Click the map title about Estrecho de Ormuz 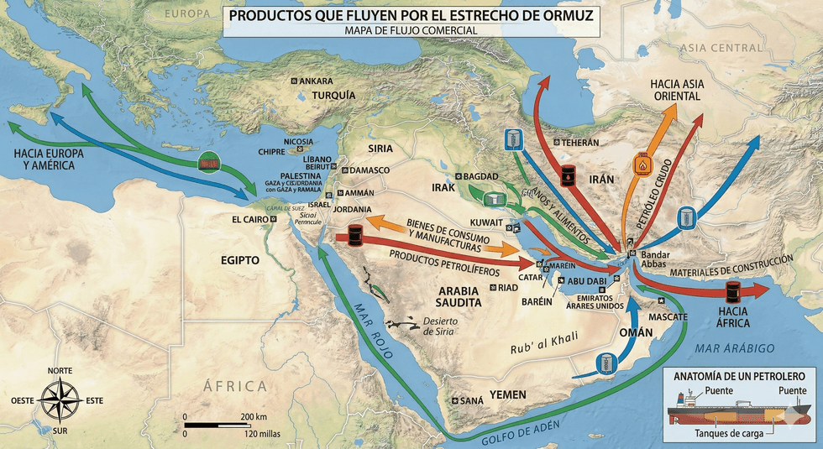411,15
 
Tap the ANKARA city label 317,81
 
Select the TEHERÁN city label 580,143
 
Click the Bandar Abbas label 653,259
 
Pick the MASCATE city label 668,316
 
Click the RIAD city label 508,287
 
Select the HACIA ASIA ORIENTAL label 676,91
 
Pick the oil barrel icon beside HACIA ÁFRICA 733,291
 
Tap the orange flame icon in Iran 644,164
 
